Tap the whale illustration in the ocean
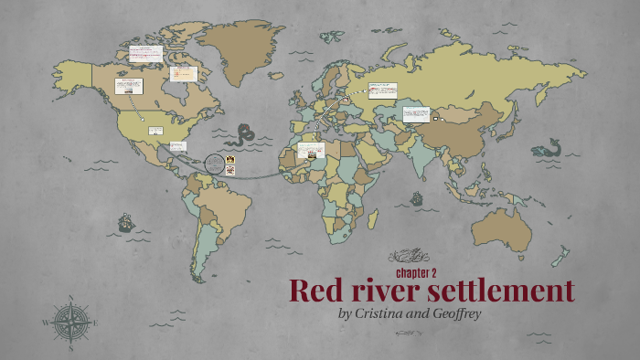point(547,147)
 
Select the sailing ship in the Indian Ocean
point(418,197)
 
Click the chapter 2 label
point(416,272)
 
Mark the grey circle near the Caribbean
point(214,165)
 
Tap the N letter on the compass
point(71,298)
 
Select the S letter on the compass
point(71,347)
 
